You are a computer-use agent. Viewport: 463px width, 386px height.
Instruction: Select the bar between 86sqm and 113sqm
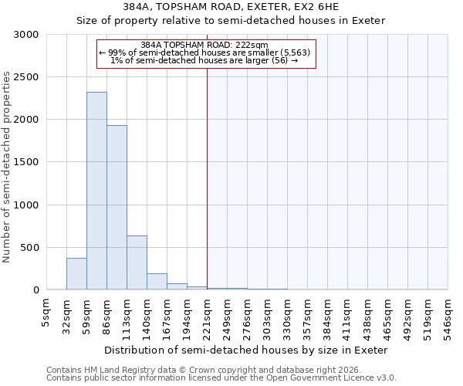point(117,208)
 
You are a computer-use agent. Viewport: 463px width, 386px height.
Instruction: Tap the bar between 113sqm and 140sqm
point(137,262)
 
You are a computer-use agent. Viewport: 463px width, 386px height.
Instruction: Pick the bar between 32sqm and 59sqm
point(76,274)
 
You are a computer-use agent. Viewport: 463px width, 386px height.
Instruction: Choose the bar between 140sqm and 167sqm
point(157,282)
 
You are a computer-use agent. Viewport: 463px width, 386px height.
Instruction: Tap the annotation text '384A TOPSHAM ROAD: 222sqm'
point(205,46)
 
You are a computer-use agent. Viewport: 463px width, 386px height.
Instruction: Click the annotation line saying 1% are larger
point(205,60)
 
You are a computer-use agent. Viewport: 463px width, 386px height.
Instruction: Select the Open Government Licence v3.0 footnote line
point(221,378)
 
